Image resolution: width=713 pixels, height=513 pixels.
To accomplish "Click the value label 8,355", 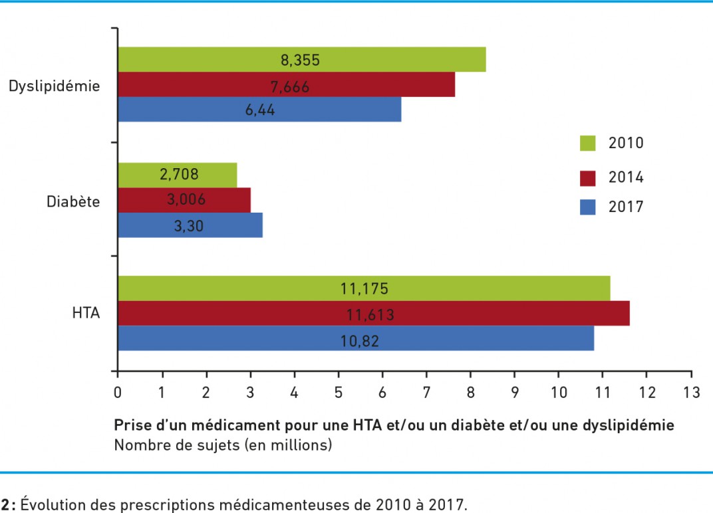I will pyautogui.click(x=300, y=60).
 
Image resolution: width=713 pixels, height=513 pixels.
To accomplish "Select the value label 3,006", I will pyautogui.click(x=183, y=199).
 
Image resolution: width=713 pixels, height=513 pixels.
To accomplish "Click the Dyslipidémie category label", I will pyautogui.click(x=55, y=86).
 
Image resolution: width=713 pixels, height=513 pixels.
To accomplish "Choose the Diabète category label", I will pyautogui.click(x=73, y=201).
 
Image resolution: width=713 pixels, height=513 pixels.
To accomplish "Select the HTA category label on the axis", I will pyautogui.click(x=86, y=314).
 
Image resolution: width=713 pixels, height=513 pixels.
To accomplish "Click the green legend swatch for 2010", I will pyautogui.click(x=588, y=143).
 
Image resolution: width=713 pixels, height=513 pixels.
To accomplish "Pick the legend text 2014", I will pyautogui.click(x=626, y=177).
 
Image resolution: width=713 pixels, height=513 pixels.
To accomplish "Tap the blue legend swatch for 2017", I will pyautogui.click(x=588, y=207).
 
